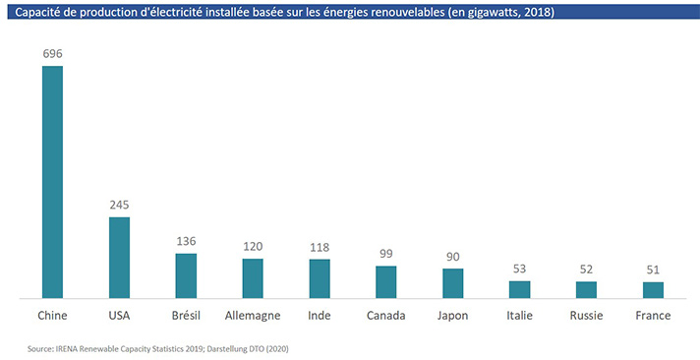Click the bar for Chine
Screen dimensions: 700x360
pos(52,182)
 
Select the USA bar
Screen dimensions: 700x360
pos(119,258)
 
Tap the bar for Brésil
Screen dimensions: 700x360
pos(186,275)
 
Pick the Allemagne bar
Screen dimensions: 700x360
pos(253,278)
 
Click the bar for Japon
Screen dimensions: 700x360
pos(452,283)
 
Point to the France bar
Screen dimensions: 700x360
pos(653,290)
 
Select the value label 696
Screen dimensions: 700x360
pos(52,54)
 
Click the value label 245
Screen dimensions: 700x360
pos(119,205)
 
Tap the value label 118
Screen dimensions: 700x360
pos(320,248)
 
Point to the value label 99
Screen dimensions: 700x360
pos(386,254)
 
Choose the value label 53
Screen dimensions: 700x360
pos(520,269)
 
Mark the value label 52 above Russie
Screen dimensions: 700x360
pos(586,270)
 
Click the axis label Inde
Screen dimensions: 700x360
pos(320,316)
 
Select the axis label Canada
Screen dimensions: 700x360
pos(386,316)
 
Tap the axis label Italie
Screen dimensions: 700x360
pos(520,316)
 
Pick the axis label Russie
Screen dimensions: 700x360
pos(586,316)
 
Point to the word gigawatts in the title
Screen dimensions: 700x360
pos(496,12)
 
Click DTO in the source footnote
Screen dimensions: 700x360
pos(262,349)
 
